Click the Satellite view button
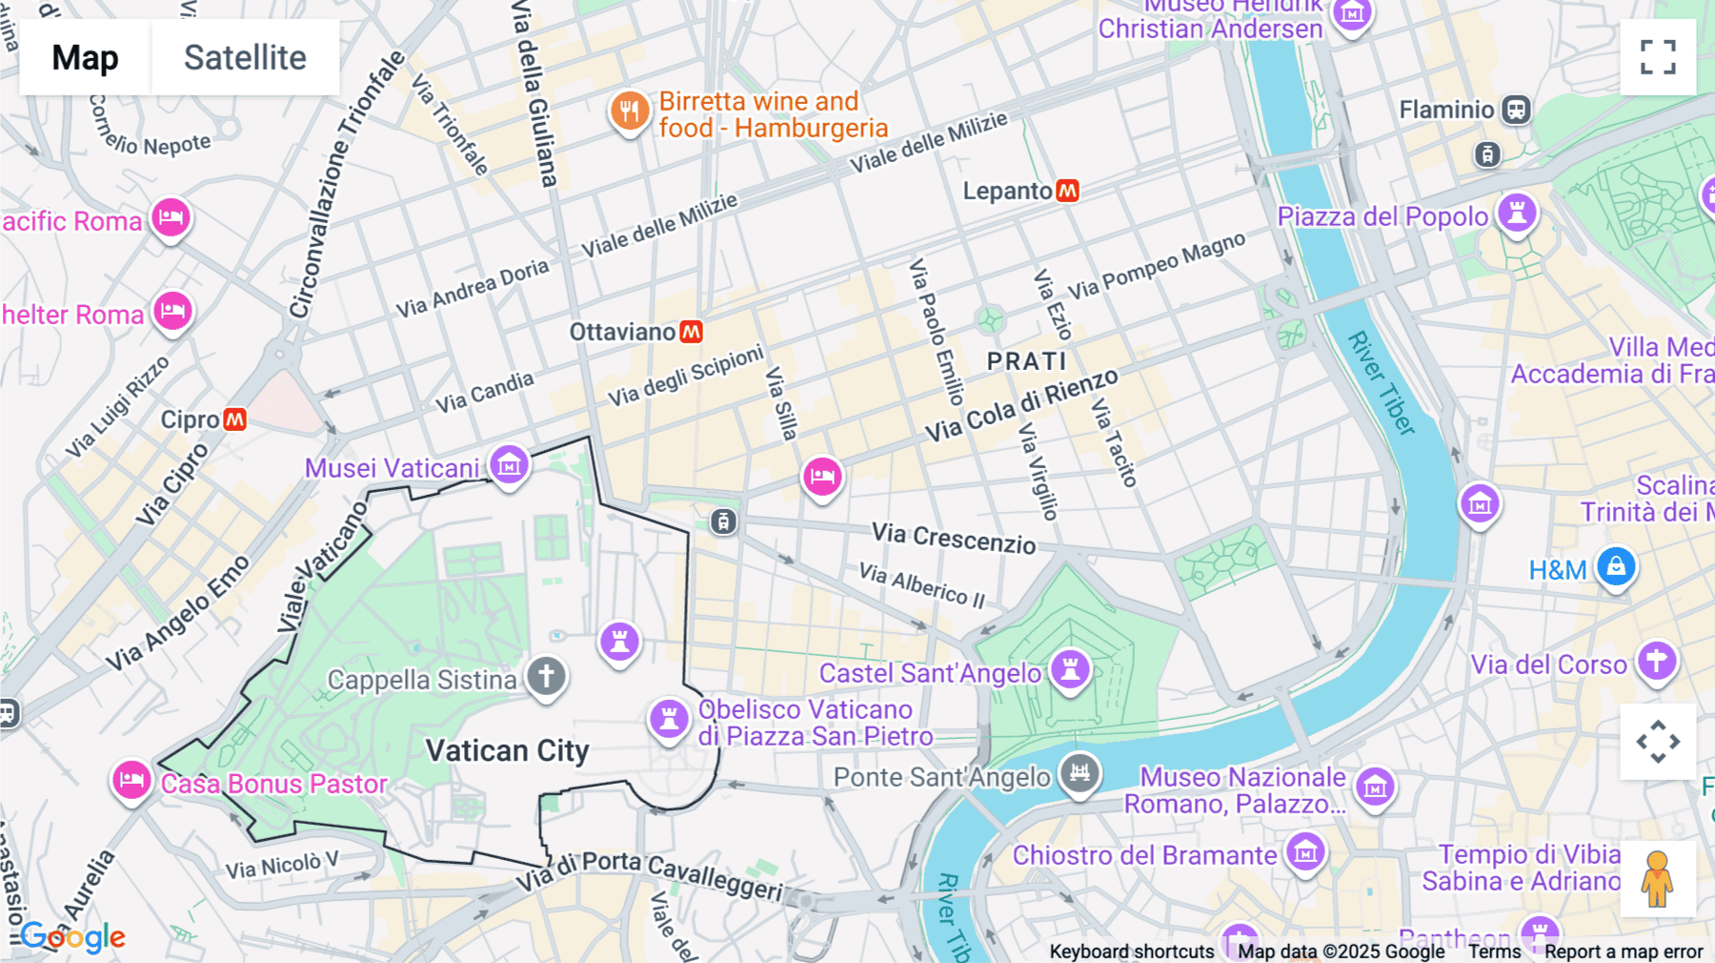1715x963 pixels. click(x=245, y=57)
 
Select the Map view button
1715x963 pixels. click(x=85, y=57)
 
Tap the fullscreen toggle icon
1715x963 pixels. click(x=1658, y=57)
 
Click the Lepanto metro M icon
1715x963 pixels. click(x=1068, y=191)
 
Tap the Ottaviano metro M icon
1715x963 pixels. click(x=692, y=332)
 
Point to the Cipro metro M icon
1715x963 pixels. click(x=234, y=420)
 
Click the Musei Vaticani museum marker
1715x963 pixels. click(x=510, y=465)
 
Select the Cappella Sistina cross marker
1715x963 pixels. click(x=547, y=677)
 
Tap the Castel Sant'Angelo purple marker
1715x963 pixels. click(x=1070, y=668)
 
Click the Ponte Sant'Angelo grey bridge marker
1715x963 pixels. click(x=1079, y=773)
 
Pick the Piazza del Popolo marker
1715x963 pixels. click(x=1517, y=213)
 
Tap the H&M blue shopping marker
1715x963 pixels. click(x=1616, y=567)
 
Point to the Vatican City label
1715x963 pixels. click(x=507, y=751)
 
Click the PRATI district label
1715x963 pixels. click(x=1026, y=361)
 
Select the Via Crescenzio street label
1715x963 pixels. click(x=954, y=539)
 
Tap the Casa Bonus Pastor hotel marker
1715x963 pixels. click(x=131, y=781)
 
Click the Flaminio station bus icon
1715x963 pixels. click(x=1516, y=110)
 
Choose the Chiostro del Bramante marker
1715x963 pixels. click(x=1305, y=851)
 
